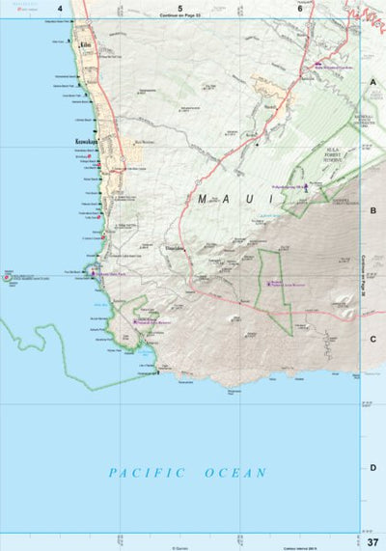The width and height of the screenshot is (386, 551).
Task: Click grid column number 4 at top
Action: (x=60, y=9)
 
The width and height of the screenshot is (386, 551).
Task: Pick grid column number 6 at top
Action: (x=300, y=9)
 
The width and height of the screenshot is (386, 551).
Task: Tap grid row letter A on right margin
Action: (x=372, y=83)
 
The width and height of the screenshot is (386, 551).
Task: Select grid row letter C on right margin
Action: (x=372, y=339)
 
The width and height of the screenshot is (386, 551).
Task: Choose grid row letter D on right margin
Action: (x=372, y=467)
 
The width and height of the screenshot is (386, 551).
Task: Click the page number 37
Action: (x=372, y=540)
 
